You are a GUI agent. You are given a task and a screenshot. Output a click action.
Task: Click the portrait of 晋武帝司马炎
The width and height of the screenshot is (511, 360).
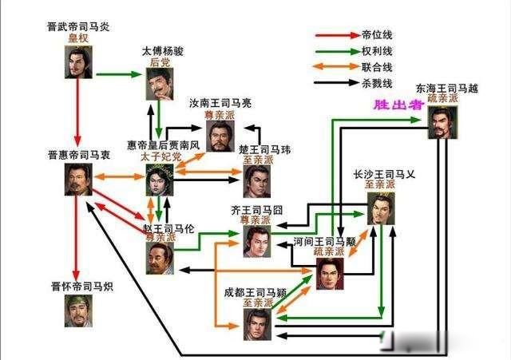78,62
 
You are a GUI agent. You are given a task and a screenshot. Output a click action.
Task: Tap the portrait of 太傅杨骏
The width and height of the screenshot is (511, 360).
160,84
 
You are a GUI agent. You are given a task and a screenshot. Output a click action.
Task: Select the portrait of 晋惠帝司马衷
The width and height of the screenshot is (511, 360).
78,180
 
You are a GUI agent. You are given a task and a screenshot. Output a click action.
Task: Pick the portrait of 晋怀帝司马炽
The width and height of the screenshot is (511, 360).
78,311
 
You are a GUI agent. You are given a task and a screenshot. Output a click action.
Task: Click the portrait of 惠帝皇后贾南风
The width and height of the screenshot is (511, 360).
160,180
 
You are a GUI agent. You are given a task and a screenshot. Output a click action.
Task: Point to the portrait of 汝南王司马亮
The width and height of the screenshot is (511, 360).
220,136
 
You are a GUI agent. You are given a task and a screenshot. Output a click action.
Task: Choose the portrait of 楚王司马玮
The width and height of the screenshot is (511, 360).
257,181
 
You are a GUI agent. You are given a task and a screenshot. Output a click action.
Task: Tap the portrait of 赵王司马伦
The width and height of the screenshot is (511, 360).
160,259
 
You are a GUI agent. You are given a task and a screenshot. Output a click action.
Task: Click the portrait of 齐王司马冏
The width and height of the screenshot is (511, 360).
257,241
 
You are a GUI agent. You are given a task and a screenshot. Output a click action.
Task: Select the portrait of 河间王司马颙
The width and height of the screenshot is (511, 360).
330,274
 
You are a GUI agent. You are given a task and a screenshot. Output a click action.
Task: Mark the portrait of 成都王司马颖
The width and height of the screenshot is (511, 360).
257,325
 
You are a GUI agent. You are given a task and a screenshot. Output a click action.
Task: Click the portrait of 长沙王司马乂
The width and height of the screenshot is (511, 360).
381,208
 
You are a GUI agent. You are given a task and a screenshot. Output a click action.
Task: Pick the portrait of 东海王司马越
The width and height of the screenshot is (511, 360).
442,122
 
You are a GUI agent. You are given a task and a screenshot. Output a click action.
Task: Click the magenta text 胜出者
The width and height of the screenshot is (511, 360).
398,105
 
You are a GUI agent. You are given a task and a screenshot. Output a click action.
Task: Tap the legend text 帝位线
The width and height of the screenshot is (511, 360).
377,35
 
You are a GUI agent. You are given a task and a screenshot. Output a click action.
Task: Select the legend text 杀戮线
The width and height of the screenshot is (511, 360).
377,83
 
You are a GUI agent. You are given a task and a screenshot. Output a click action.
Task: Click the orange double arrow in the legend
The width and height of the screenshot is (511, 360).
336,66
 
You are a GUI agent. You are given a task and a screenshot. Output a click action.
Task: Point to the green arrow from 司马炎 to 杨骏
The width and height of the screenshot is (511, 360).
119,74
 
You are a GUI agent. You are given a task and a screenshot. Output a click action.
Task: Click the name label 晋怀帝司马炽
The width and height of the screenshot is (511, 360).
82,287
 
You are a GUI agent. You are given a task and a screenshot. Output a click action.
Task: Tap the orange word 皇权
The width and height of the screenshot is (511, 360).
78,38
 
